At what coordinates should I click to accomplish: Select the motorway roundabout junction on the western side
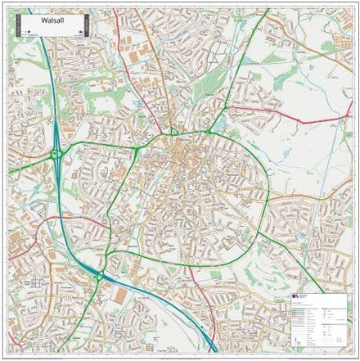click(x=56, y=153)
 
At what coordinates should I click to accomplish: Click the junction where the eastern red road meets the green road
click(x=230, y=106)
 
